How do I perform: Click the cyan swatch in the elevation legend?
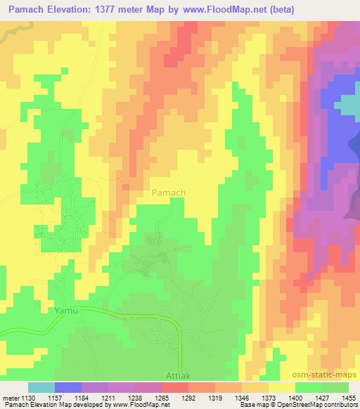click(x=41, y=387)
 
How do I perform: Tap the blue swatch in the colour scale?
click(x=69, y=387)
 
